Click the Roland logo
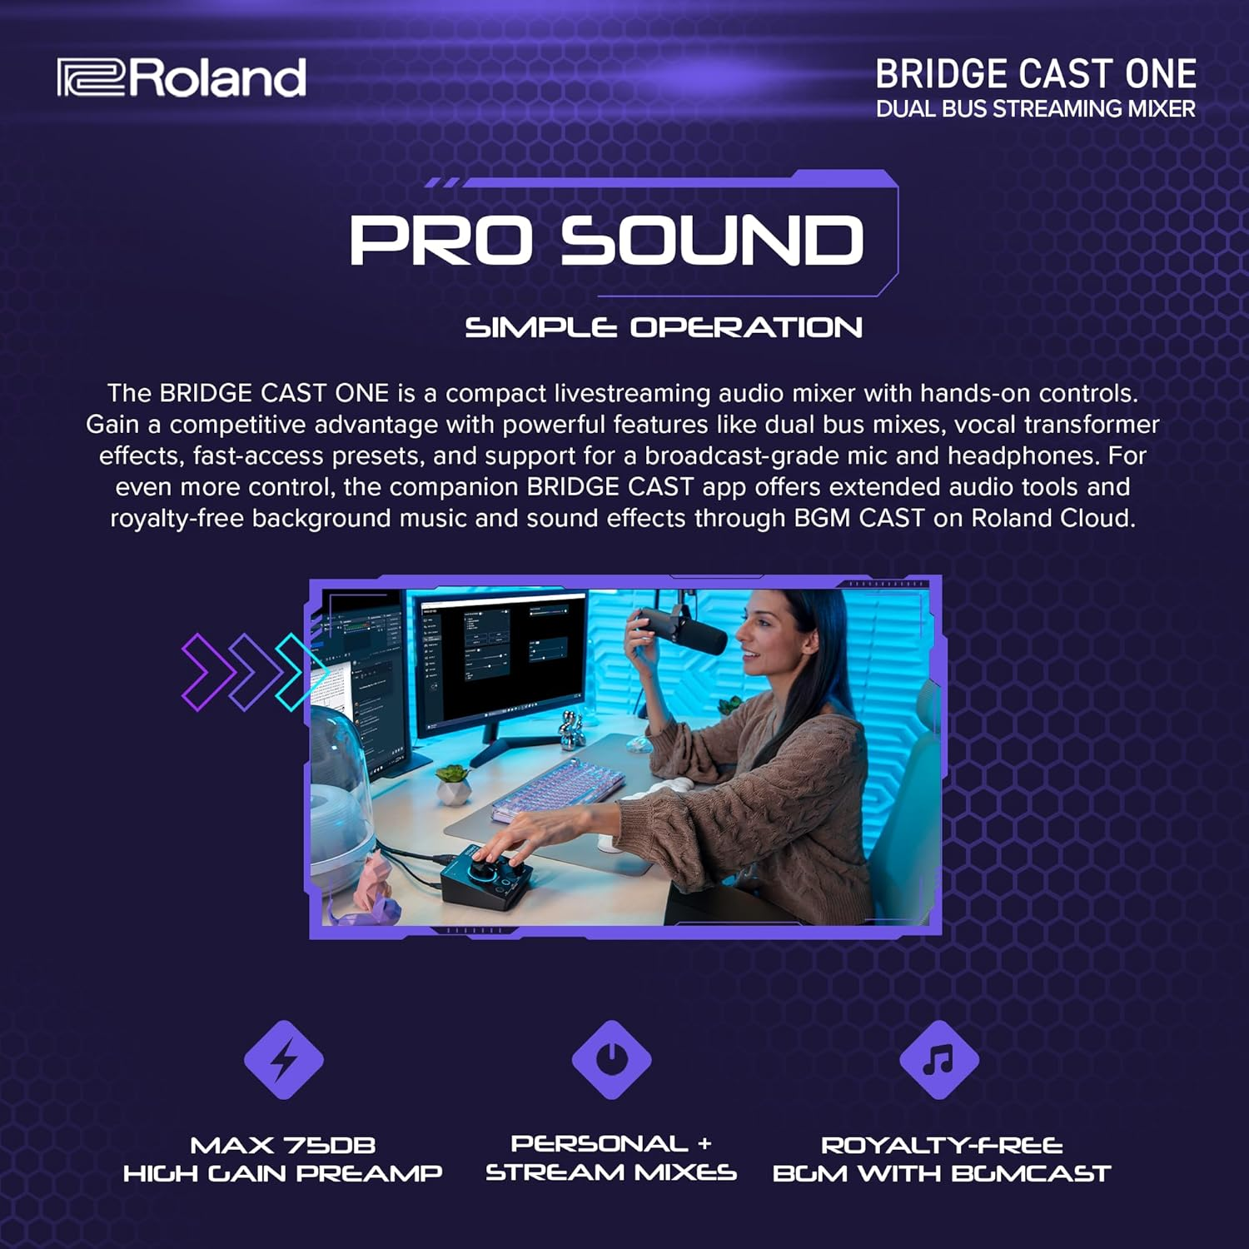[x=182, y=77]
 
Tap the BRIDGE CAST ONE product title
[x=1035, y=74]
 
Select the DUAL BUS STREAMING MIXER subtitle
[x=1035, y=109]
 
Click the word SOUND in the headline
[x=711, y=241]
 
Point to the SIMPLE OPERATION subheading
[x=663, y=327]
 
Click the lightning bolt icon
[x=283, y=1060]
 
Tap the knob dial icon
[x=611, y=1060]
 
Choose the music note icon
[x=939, y=1060]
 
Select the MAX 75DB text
[x=283, y=1145]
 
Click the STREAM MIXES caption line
[x=611, y=1173]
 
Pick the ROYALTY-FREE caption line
[x=942, y=1145]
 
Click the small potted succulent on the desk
[x=455, y=783]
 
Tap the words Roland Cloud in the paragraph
[x=1052, y=518]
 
